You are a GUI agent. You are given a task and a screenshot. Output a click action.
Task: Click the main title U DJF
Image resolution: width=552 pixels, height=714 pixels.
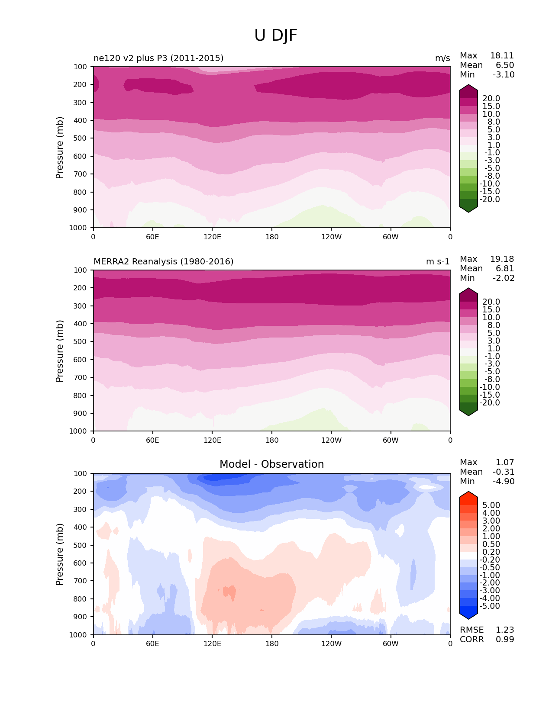point(276,35)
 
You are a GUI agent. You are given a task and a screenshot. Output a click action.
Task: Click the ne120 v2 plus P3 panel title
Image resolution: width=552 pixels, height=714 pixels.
point(158,58)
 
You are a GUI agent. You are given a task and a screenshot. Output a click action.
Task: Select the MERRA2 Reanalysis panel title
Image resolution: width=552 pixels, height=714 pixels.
point(163,262)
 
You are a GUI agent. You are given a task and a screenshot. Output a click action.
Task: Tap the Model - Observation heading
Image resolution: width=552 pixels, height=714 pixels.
point(271,464)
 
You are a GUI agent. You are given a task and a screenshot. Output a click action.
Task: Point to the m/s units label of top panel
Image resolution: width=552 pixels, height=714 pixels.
point(442,58)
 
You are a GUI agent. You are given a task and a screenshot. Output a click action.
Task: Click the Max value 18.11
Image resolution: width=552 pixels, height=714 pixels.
point(502,56)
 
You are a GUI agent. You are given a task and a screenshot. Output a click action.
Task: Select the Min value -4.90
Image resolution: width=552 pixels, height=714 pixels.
point(504,482)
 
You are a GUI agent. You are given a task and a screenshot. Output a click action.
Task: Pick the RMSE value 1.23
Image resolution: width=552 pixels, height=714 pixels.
point(505,630)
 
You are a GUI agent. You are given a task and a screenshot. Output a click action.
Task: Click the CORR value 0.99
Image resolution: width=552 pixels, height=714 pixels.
point(505,640)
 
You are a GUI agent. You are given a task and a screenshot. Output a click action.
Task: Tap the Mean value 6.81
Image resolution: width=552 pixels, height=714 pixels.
point(505,269)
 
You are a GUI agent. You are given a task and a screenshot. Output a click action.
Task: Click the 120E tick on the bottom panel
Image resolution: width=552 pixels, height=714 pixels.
point(212,644)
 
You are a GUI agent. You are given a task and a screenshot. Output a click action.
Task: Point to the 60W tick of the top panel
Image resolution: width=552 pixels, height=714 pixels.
point(391,237)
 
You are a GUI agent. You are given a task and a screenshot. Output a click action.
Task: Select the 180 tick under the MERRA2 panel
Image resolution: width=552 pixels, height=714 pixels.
point(272,441)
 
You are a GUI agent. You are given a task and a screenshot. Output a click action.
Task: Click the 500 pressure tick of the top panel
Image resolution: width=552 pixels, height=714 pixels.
point(81,138)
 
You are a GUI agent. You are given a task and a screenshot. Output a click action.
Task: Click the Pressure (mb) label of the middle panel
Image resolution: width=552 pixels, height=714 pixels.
point(60,351)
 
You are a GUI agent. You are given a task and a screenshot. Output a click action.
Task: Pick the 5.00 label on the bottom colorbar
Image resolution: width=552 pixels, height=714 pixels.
point(491,505)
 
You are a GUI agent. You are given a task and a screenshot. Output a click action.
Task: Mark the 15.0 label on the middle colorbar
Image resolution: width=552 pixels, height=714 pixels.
point(491,310)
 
